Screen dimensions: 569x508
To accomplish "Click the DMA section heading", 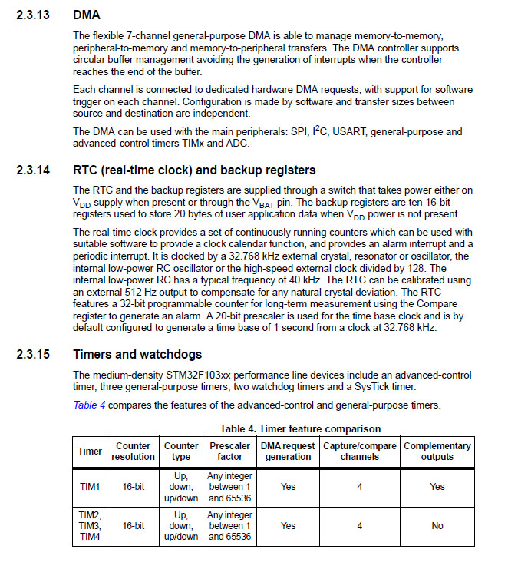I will point(87,15).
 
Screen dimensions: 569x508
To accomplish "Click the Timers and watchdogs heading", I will point(137,355).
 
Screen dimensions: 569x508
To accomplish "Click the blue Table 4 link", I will point(89,405).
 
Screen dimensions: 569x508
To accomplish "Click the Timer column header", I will point(90,451).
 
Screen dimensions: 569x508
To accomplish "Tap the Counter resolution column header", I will point(133,451).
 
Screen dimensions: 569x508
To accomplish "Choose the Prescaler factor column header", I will point(229,451).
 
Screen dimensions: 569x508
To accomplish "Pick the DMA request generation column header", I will point(288,451).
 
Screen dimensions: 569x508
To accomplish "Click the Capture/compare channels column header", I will point(360,451).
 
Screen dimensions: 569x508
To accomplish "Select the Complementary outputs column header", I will point(437,451).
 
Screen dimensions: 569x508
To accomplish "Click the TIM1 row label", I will point(90,486).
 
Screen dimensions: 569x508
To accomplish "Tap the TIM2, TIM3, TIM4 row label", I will point(90,526).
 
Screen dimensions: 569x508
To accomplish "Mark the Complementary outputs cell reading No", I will point(437,526).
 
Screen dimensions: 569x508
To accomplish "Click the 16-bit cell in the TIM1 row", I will point(133,486).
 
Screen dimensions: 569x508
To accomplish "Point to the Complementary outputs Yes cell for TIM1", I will point(437,486).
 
